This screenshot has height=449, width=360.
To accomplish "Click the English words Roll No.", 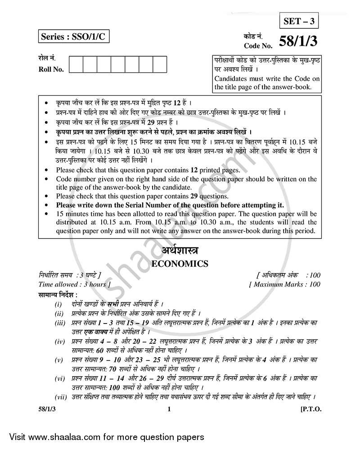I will [51, 69].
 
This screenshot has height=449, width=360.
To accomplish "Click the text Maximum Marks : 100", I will [284, 284].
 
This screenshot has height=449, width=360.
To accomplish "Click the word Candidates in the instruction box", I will [231, 78].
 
